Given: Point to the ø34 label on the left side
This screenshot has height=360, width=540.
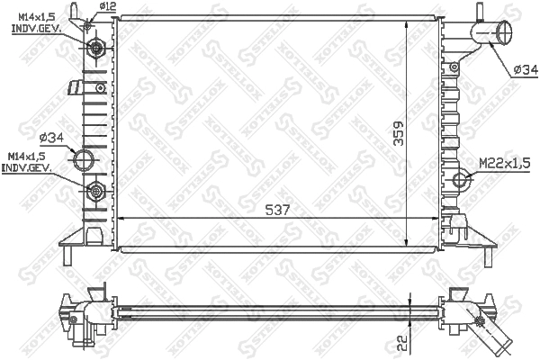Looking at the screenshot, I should (x=50, y=138).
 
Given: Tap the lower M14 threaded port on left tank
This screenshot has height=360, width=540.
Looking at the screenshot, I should (x=95, y=190).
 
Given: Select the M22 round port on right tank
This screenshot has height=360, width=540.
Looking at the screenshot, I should (x=462, y=179).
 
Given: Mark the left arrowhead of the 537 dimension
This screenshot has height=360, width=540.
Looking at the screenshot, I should (x=121, y=219).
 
